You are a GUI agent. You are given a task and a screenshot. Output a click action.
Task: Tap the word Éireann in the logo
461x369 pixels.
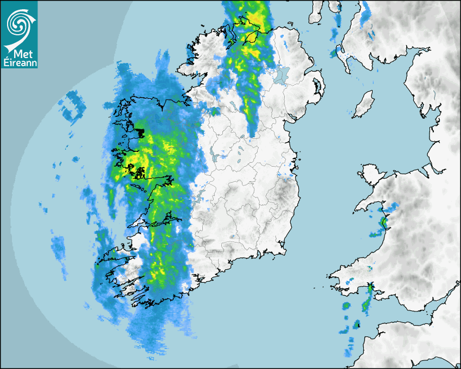pyautogui.click(x=20, y=63)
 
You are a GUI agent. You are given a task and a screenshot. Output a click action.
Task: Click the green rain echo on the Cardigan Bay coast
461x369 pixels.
pyautogui.click(x=384, y=221)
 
